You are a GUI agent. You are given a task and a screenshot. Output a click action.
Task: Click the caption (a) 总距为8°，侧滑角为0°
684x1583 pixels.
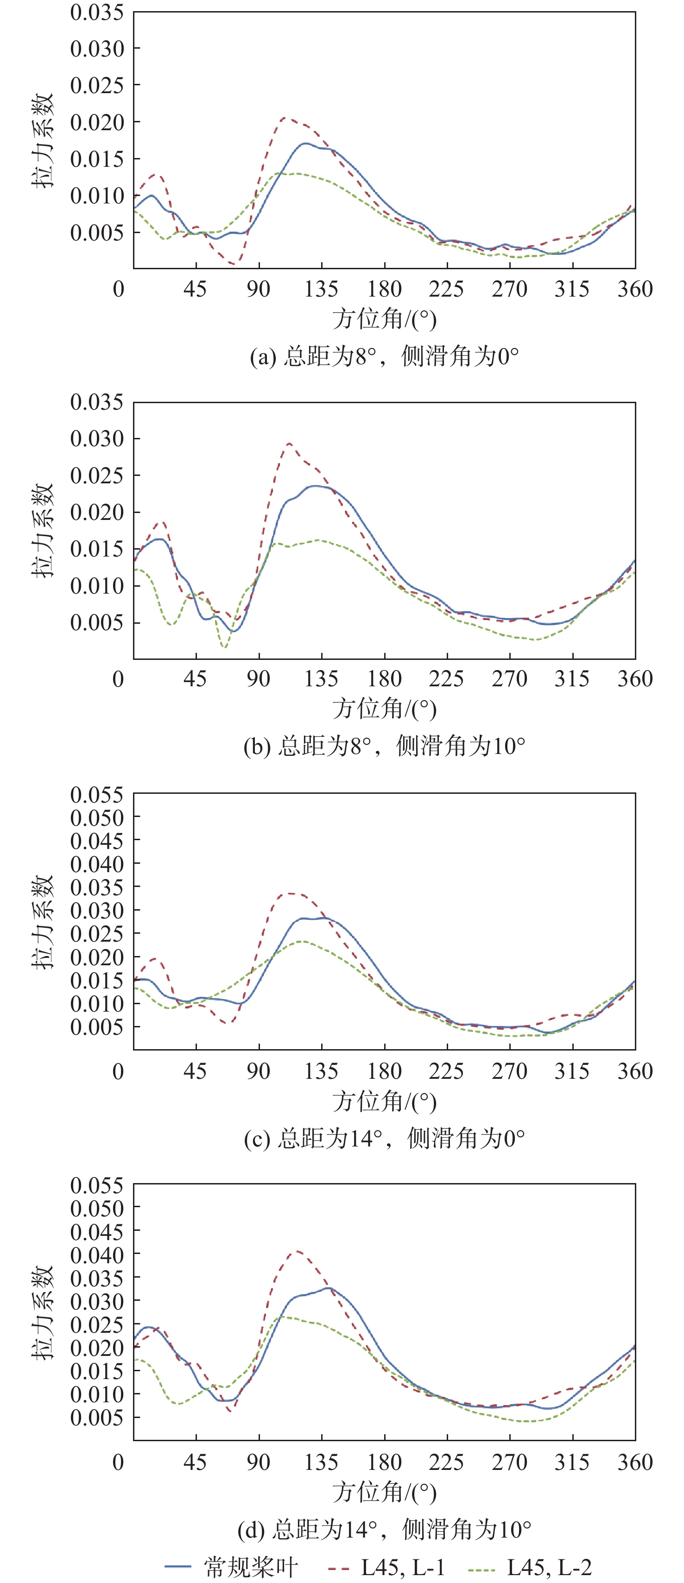click(384, 356)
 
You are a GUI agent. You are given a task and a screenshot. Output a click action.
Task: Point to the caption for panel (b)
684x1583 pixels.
click(384, 746)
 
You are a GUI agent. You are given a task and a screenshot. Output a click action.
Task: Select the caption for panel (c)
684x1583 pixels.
click(384, 1138)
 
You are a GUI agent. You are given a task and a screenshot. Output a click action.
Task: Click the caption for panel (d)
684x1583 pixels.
click(384, 1529)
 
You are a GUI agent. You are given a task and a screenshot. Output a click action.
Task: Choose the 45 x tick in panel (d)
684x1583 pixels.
click(196, 1462)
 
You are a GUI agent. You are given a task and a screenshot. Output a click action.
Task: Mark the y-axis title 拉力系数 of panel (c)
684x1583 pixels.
click(43, 922)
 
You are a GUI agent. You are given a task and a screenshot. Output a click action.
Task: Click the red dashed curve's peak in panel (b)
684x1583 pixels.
click(289, 443)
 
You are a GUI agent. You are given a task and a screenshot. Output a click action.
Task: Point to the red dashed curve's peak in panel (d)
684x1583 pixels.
click(297, 1251)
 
